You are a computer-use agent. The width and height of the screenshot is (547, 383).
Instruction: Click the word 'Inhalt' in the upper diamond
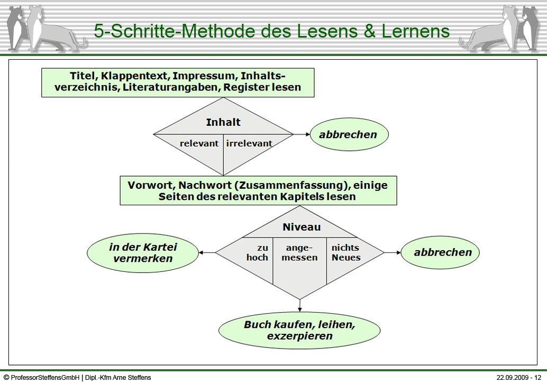[x=223, y=122]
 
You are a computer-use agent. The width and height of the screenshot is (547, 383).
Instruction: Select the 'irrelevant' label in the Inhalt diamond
[x=249, y=143]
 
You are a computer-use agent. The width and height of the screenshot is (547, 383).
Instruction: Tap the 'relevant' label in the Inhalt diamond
[x=199, y=143]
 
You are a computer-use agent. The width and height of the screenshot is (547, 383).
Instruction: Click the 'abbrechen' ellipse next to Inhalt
[x=349, y=134]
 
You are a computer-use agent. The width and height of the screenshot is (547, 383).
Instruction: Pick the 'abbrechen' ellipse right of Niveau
[x=440, y=252]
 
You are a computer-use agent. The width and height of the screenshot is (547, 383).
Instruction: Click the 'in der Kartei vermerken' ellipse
[x=143, y=252]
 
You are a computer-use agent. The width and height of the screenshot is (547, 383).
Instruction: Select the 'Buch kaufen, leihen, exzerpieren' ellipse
[x=299, y=330]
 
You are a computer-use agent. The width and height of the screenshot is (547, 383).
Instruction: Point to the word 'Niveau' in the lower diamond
[x=302, y=227]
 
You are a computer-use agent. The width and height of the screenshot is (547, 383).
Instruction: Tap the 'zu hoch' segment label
[x=258, y=252]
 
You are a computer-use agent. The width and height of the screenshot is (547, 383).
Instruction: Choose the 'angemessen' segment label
[x=299, y=252]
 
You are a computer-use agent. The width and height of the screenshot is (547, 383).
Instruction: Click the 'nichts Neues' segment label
[x=346, y=252]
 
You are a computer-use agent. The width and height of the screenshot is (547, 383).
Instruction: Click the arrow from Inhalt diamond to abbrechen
[x=302, y=134]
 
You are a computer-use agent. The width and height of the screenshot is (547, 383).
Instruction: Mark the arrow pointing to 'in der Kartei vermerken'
[x=207, y=252]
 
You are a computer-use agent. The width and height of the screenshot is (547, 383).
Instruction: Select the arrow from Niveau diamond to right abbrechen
[x=393, y=252]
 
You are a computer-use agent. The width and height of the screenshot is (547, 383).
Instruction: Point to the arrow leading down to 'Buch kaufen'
[x=299, y=306]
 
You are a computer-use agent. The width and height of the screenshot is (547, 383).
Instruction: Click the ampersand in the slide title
[x=369, y=31]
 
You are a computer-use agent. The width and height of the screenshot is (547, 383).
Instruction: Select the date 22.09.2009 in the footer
[x=512, y=377]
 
